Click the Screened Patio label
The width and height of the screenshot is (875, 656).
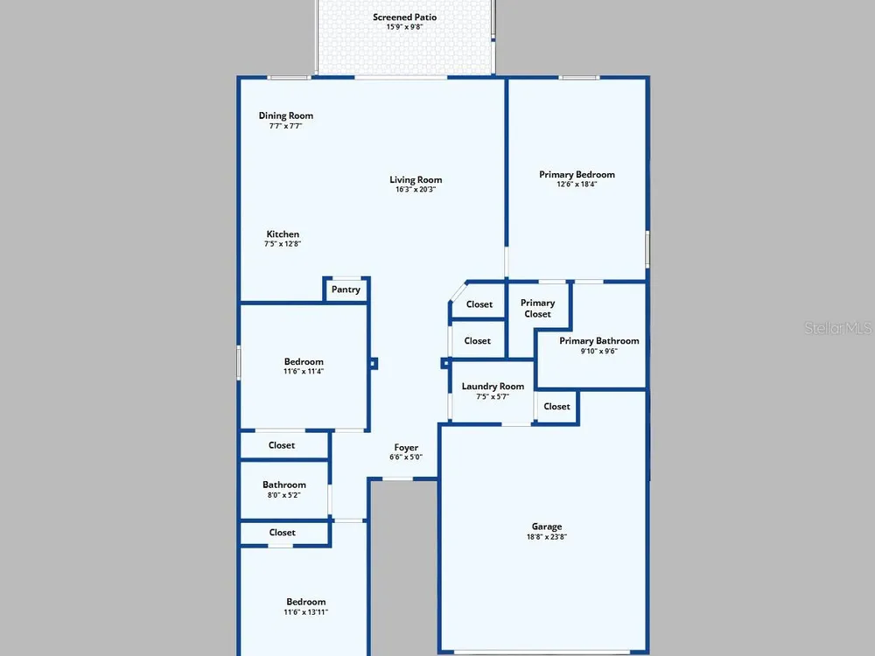404,17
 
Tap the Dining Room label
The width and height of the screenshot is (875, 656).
286,115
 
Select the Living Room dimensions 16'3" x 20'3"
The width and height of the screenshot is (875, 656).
416,190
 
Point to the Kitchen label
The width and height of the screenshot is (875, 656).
283,234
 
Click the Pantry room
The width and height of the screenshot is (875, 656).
346,290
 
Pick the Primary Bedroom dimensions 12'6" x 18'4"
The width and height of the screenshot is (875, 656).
577,184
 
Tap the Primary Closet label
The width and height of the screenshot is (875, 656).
538,309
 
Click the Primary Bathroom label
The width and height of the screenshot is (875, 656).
599,341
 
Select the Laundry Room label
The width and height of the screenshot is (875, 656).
493,386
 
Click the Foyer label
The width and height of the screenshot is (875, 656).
406,447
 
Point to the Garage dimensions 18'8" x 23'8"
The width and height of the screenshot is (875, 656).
547,537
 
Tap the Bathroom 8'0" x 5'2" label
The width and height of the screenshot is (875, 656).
284,489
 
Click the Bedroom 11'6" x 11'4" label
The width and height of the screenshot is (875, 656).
304,366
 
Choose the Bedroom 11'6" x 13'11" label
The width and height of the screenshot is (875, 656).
305,606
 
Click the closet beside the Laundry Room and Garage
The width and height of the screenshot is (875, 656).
556,407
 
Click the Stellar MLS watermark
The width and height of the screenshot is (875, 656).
838,328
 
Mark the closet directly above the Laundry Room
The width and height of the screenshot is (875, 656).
478,340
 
